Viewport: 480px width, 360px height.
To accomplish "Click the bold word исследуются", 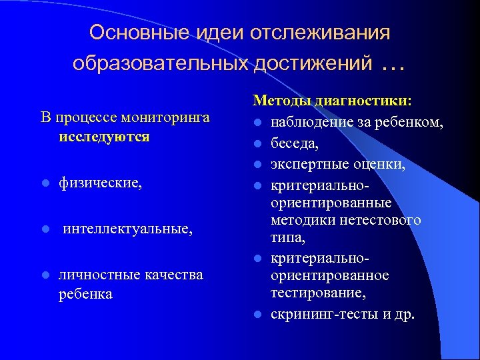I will [x=103, y=137].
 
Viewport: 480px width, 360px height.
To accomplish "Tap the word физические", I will [x=100, y=183].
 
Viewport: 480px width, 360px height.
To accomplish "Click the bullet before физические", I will [x=44, y=183].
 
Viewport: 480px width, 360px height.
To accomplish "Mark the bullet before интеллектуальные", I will [x=44, y=229].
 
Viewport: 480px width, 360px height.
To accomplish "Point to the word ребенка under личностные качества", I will [x=85, y=293].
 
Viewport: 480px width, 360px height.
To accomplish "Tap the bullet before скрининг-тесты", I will [x=257, y=313].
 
